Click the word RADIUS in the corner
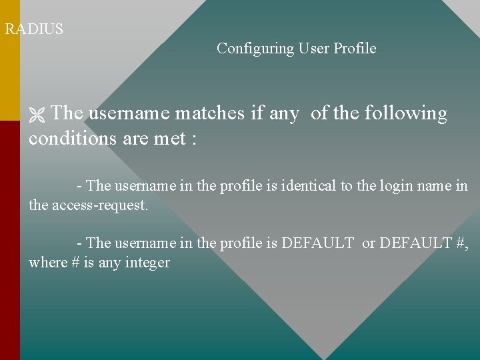(34, 29)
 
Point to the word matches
(210, 113)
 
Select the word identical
(309, 186)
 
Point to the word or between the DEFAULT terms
(368, 243)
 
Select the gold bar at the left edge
(9, 60)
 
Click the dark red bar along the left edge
(9, 240)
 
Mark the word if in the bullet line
(257, 113)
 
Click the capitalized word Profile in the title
(355, 49)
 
